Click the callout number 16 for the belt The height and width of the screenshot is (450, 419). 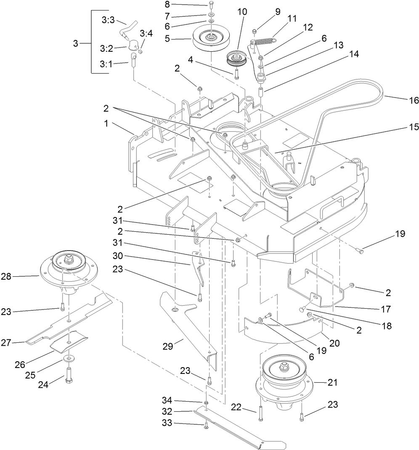pyautogui.click(x=414, y=101)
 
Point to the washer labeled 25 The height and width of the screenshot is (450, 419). pyautogui.click(x=68, y=358)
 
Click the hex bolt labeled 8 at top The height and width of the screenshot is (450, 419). pyautogui.click(x=211, y=5)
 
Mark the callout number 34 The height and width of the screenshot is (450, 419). pyautogui.click(x=167, y=402)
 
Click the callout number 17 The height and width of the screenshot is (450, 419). pyautogui.click(x=386, y=309)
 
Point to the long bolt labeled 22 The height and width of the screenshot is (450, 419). pyautogui.click(x=261, y=412)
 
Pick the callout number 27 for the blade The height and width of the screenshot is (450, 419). pyautogui.click(x=17, y=342)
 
